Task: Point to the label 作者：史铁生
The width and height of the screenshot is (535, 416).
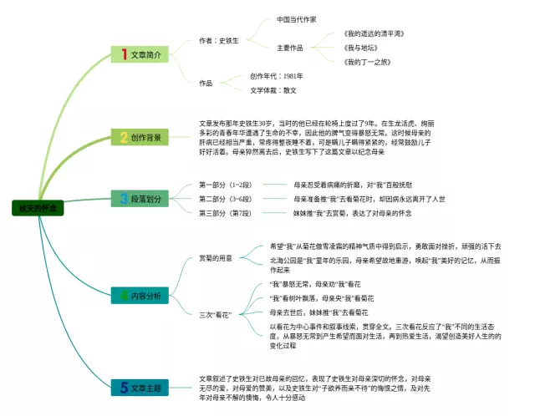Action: click(219, 40)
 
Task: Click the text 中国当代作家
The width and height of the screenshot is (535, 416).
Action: click(297, 19)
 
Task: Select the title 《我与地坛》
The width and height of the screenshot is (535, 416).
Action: click(362, 48)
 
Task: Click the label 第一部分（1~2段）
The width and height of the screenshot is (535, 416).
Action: click(223, 185)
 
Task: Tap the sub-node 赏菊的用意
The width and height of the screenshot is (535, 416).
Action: click(216, 257)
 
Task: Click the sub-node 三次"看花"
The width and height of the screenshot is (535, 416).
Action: click(214, 314)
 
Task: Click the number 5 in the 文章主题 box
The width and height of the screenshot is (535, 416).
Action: click(123, 388)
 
